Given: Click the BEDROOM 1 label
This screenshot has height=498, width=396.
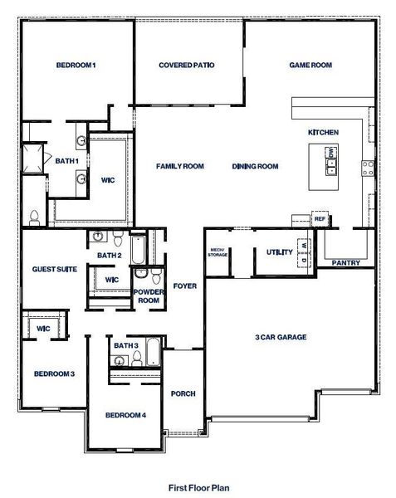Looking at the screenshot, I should point(76,65).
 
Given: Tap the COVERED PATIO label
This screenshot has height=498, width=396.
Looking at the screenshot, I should point(188,65).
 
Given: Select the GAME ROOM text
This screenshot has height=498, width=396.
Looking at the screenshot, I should point(310,65).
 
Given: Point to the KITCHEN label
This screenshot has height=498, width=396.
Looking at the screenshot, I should point(322,133).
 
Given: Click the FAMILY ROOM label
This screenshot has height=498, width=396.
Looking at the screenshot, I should point(180,166).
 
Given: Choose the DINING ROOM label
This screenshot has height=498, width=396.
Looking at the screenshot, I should point(255,166).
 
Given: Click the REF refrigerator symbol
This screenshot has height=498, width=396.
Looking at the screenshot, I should point(320,218).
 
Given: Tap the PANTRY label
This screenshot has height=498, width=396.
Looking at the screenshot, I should point(345,263).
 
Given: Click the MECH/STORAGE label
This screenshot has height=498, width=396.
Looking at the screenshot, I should point(218,252).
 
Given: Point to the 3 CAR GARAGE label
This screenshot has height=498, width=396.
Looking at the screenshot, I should point(281,337).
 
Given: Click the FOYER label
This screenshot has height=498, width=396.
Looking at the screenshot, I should point(184,286).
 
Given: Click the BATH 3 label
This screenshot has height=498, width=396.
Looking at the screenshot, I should point(125,345).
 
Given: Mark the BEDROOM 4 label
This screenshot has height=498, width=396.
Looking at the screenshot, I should point(125,414).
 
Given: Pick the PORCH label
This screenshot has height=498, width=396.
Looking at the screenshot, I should point(182,393).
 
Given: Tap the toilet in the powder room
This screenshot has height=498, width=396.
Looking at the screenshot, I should point(141,273).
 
